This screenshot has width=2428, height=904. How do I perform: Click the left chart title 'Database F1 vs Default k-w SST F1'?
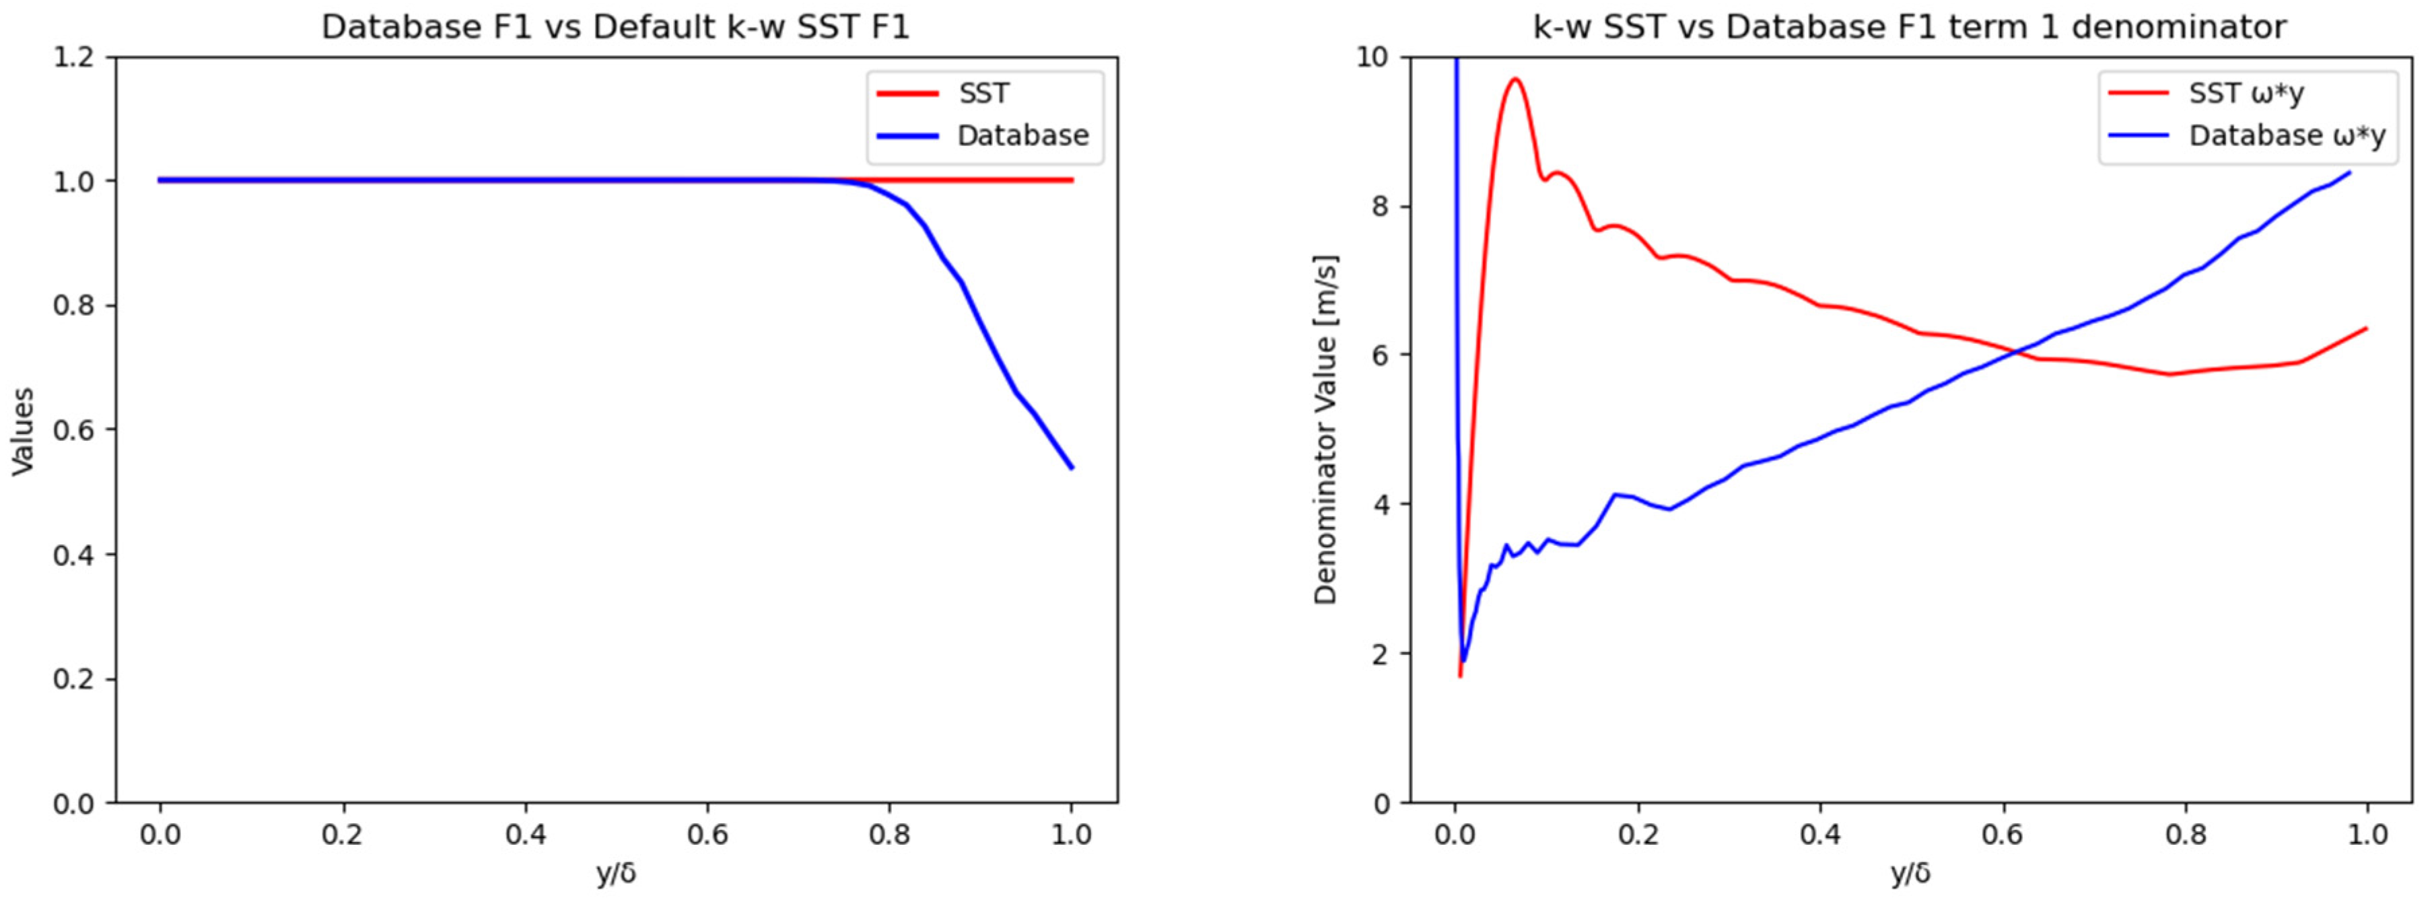coord(615,28)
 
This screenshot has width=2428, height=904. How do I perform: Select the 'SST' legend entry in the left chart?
coord(983,94)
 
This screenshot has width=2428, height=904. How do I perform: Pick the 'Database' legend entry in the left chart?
coord(1022,136)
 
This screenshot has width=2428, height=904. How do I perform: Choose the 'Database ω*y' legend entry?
coord(2287,136)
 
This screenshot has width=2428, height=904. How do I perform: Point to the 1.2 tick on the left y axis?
coord(75,57)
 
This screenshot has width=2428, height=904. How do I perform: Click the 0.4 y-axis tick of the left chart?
coord(75,554)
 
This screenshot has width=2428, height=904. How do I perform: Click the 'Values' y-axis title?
coord(23,431)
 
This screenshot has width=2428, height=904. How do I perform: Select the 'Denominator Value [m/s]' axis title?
coord(1326,430)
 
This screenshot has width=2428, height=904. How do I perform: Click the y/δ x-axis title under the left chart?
coord(615,874)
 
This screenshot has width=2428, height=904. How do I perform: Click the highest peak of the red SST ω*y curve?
coord(1515,79)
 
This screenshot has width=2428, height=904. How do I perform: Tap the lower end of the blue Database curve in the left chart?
coord(1072,468)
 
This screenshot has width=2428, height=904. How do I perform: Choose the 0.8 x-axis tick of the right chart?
coord(2185,834)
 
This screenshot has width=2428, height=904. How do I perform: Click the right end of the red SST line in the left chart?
coord(1072,180)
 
